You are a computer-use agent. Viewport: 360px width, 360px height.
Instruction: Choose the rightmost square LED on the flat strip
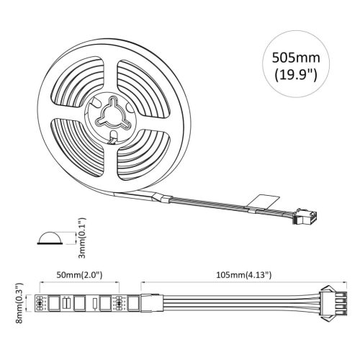coord(134,302)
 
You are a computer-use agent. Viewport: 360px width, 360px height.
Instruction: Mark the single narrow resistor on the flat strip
coord(94,302)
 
